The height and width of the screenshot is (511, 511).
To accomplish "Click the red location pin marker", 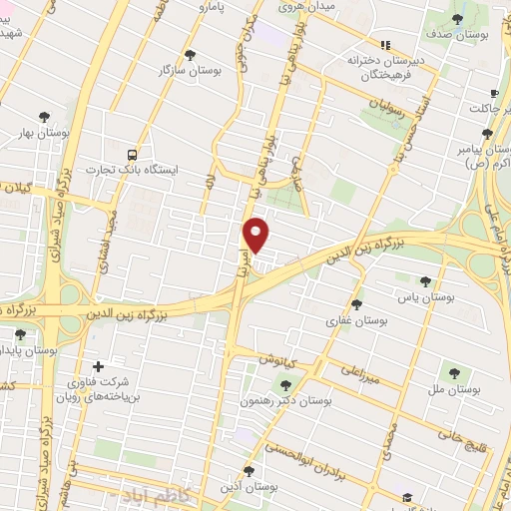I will coord(257,235).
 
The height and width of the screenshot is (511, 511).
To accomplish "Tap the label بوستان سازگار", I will coord(190,69).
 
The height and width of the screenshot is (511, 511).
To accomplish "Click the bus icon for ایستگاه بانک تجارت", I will coord(132,155).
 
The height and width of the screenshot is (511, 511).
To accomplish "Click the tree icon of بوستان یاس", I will coord(426,281).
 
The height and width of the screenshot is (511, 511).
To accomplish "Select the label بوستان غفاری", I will coord(356,321).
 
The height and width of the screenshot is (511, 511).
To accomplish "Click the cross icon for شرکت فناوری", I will coord(97,366).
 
